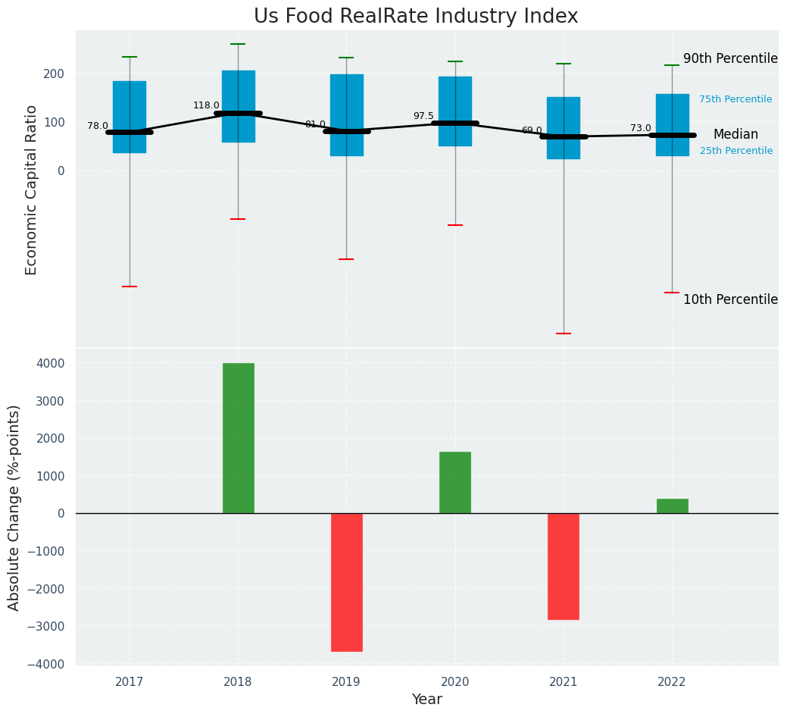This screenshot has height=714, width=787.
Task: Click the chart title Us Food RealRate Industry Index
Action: click(415, 17)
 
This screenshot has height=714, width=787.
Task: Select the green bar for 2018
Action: click(238, 438)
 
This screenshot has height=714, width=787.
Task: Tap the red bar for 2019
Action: click(346, 582)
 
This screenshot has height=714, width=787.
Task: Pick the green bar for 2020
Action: click(454, 483)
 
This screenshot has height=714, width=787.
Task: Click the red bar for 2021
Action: click(563, 566)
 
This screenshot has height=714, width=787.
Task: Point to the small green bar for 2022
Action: click(672, 506)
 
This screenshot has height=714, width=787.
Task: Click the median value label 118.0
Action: click(206, 106)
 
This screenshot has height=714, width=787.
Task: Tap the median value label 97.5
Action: click(423, 117)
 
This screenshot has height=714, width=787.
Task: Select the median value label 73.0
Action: click(640, 129)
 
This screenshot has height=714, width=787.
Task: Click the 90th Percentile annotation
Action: click(730, 59)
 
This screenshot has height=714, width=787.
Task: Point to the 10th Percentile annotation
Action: click(730, 300)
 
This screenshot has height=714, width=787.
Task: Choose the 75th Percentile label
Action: click(735, 100)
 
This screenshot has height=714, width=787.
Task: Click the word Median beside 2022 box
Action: click(735, 135)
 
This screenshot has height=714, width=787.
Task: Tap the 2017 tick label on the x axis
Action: click(130, 682)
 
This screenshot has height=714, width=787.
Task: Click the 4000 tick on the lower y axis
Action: click(49, 364)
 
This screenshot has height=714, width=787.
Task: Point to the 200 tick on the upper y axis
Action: click(54, 74)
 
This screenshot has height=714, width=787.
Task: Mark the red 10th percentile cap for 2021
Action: click(563, 334)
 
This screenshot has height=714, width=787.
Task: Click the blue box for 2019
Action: click(346, 115)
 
